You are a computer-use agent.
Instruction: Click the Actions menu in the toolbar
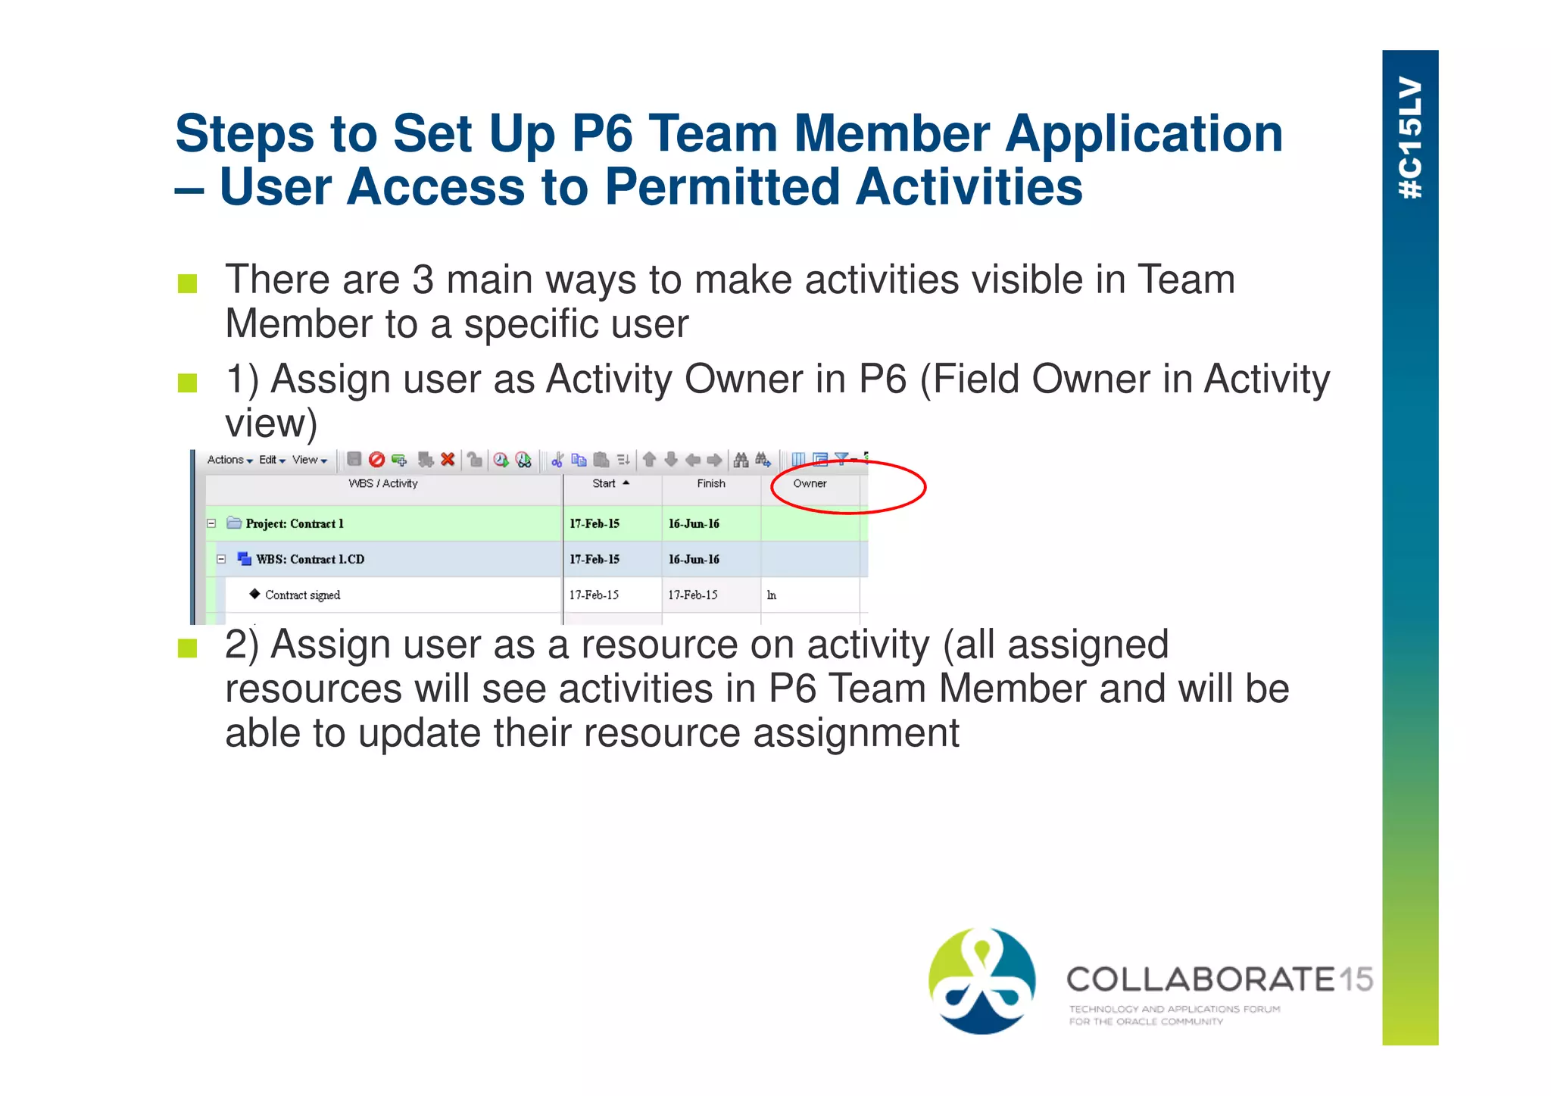coord(229,460)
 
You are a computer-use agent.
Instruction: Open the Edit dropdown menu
coord(272,460)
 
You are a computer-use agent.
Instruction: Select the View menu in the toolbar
coord(309,460)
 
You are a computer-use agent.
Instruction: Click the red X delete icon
coord(448,459)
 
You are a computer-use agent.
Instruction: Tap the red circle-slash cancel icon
coord(376,459)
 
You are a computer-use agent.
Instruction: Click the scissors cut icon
coord(557,460)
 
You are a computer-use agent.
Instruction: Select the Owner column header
coord(810,483)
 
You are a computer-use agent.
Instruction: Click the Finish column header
coord(711,483)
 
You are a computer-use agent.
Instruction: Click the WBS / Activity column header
coord(383,483)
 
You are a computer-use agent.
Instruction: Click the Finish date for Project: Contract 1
coord(694,523)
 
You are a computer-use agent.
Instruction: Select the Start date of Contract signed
coord(594,595)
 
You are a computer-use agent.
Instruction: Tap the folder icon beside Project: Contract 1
coord(234,523)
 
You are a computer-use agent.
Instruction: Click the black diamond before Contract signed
coord(254,594)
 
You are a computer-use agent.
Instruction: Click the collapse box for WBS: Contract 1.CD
coord(221,559)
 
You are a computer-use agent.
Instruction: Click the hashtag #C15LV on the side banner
coord(1410,138)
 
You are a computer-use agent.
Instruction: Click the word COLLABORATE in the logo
coord(1200,979)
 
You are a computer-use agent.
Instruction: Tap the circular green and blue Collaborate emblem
coord(982,981)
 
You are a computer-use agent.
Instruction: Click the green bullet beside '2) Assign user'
coord(187,648)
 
